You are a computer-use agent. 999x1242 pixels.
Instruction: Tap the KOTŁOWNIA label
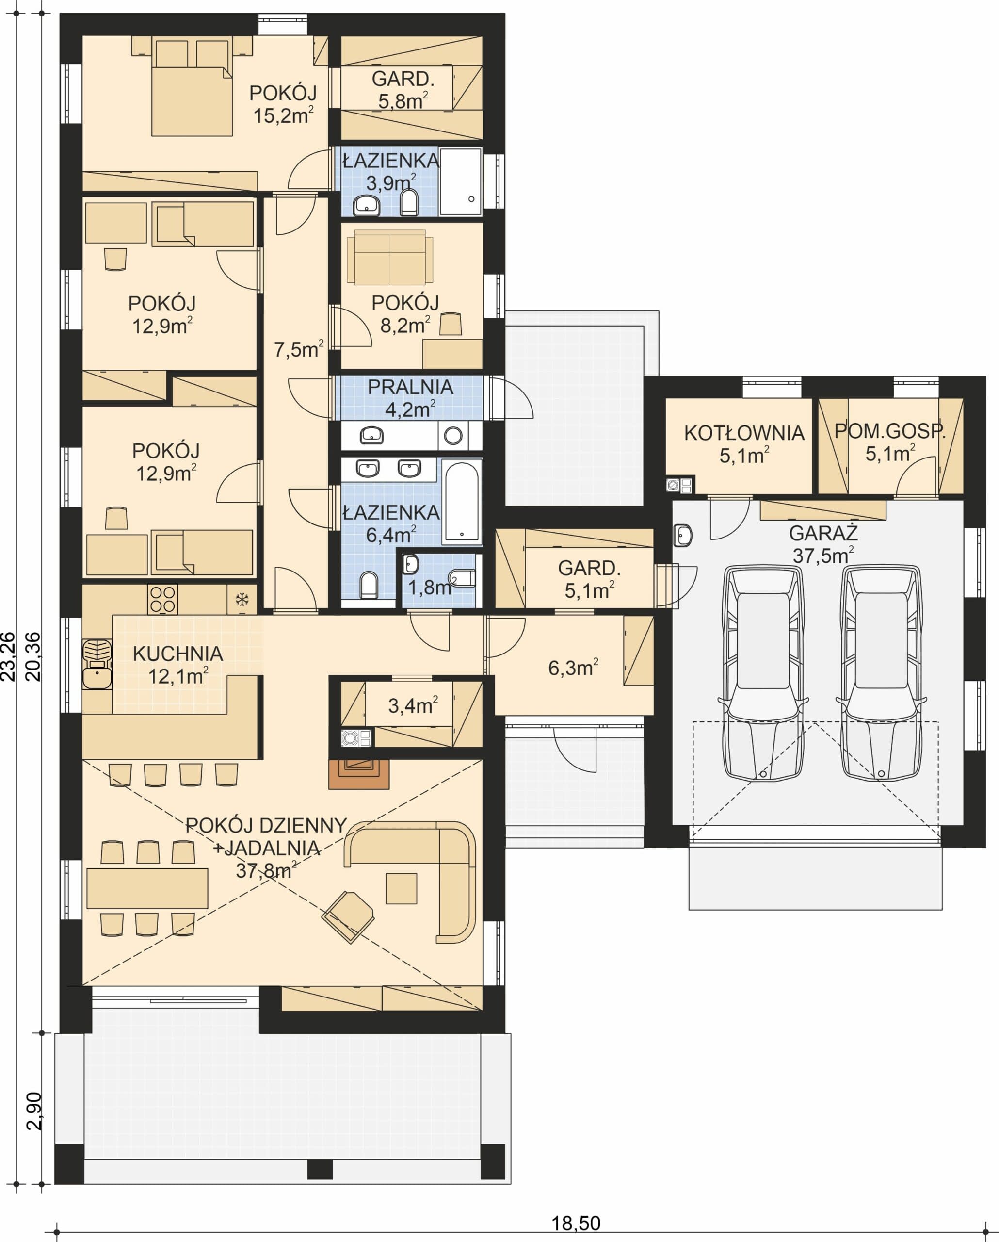[744, 433]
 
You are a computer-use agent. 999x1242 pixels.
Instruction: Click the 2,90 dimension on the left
[34, 1111]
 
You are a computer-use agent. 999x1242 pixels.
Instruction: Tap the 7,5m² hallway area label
[298, 349]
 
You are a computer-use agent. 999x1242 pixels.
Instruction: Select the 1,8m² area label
[430, 587]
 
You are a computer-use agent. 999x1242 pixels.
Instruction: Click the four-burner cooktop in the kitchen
[162, 600]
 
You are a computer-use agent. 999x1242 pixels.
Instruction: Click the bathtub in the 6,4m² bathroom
[462, 502]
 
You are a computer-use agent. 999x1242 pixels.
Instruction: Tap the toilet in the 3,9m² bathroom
[409, 202]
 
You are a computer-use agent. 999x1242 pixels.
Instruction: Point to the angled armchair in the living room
[348, 917]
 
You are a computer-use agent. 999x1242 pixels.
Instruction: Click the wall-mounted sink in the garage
[682, 535]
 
